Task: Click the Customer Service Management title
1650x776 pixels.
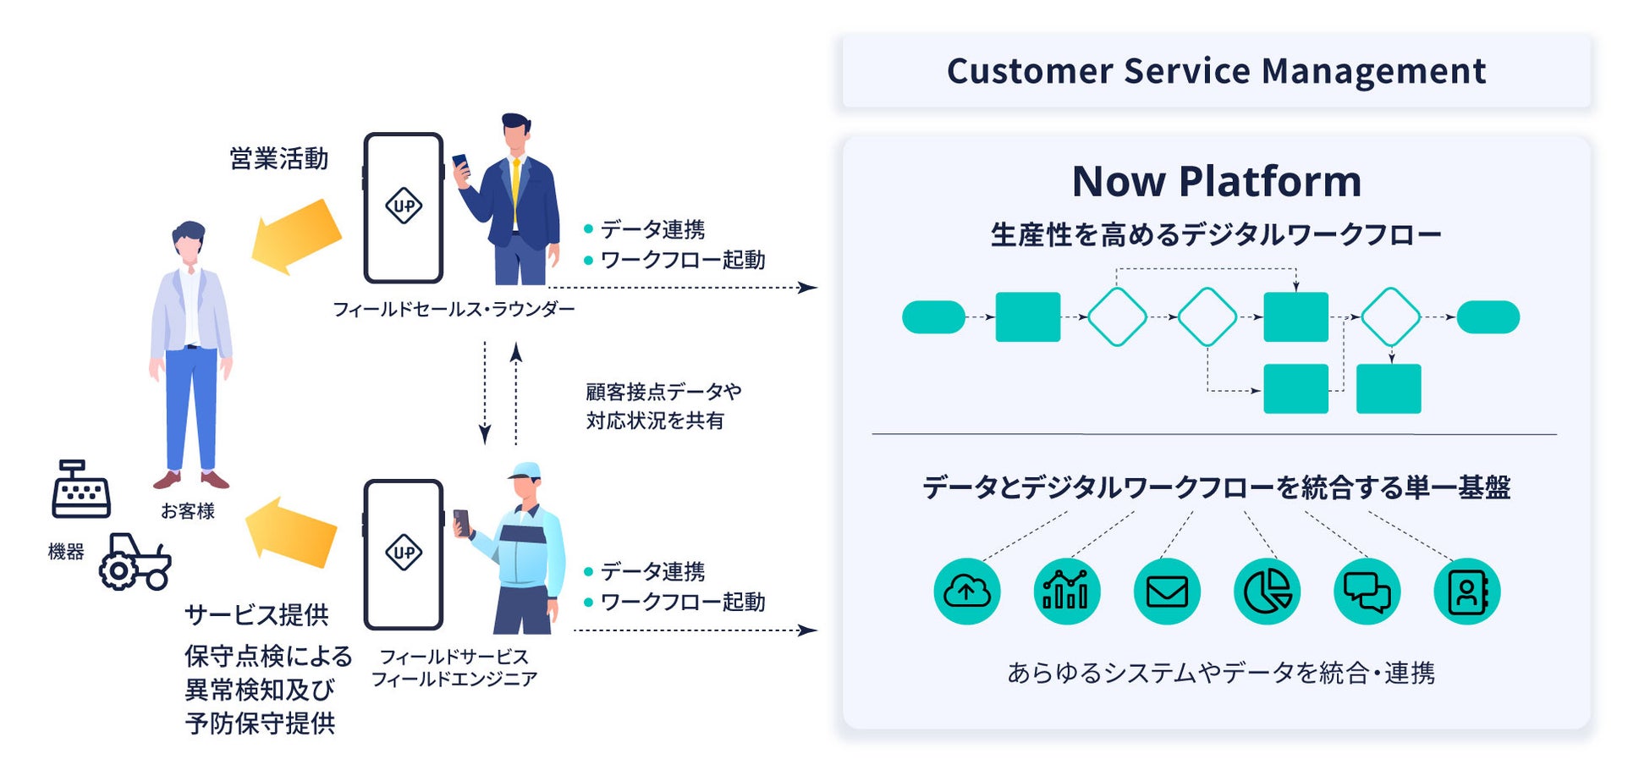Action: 1216,71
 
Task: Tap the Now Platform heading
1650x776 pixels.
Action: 1216,181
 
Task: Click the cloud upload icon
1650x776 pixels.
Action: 966,592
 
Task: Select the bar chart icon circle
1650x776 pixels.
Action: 1066,592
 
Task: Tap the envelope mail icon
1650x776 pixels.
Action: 1167,592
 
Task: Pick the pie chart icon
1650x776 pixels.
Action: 1267,592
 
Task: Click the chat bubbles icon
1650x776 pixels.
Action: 1367,592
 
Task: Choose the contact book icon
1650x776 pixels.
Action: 1466,592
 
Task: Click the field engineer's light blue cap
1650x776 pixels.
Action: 526,471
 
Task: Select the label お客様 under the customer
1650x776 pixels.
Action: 188,511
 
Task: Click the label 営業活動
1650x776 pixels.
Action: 278,159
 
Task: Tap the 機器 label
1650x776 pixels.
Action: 66,552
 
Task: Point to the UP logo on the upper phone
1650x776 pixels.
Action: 404,206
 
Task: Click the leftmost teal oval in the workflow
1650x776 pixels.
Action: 933,317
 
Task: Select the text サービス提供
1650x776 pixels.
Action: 256,615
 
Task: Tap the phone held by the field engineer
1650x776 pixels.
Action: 462,522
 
